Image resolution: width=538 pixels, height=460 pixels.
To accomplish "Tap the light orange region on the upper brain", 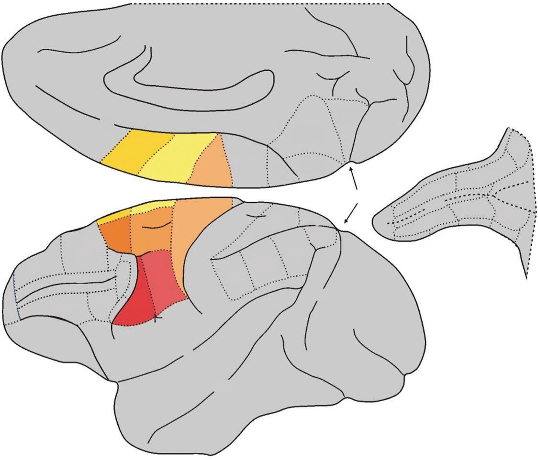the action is tap(213, 165).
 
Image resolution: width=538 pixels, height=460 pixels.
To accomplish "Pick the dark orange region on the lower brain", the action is tap(115, 234).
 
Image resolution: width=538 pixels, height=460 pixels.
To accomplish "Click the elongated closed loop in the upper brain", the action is tap(187, 84).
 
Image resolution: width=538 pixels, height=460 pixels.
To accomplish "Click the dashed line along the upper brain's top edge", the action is tap(258, 4).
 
